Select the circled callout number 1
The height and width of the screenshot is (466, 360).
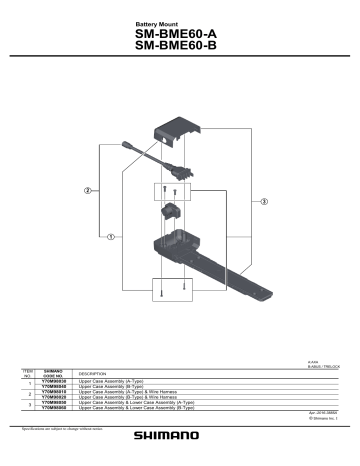point(110,237)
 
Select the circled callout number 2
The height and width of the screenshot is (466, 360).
point(88,190)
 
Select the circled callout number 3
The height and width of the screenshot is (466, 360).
point(264,202)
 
